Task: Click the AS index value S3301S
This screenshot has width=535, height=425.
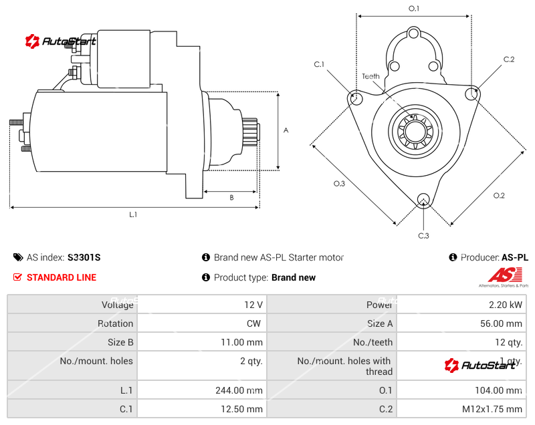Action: pos(84,257)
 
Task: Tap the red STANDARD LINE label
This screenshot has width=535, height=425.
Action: pos(61,277)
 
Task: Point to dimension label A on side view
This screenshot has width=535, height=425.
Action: pos(286,130)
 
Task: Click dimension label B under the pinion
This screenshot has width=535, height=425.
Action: pos(231,198)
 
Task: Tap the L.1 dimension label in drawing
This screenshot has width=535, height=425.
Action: pos(133,215)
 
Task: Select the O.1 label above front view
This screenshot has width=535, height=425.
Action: pos(414,8)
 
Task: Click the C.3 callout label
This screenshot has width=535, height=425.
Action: pos(423,235)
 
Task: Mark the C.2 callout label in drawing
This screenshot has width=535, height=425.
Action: pos(509,59)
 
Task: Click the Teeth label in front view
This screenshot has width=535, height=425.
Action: pos(371,76)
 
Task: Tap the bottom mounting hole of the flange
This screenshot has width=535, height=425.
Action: pos(423,199)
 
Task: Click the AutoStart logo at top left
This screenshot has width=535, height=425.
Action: pos(61,41)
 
